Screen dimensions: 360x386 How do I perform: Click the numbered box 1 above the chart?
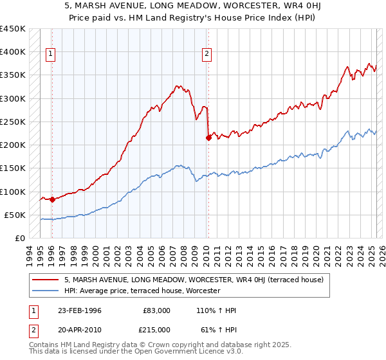click(x=51, y=55)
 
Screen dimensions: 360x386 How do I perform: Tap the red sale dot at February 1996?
click(x=52, y=199)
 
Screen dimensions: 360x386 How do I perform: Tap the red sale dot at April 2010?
click(x=208, y=137)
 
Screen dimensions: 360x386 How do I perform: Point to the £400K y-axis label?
click(x=12, y=52)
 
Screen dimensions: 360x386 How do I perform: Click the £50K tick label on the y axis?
click(x=15, y=215)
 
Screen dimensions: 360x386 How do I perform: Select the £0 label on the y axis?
click(x=21, y=238)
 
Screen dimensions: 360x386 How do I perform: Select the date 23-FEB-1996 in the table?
click(x=80, y=310)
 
